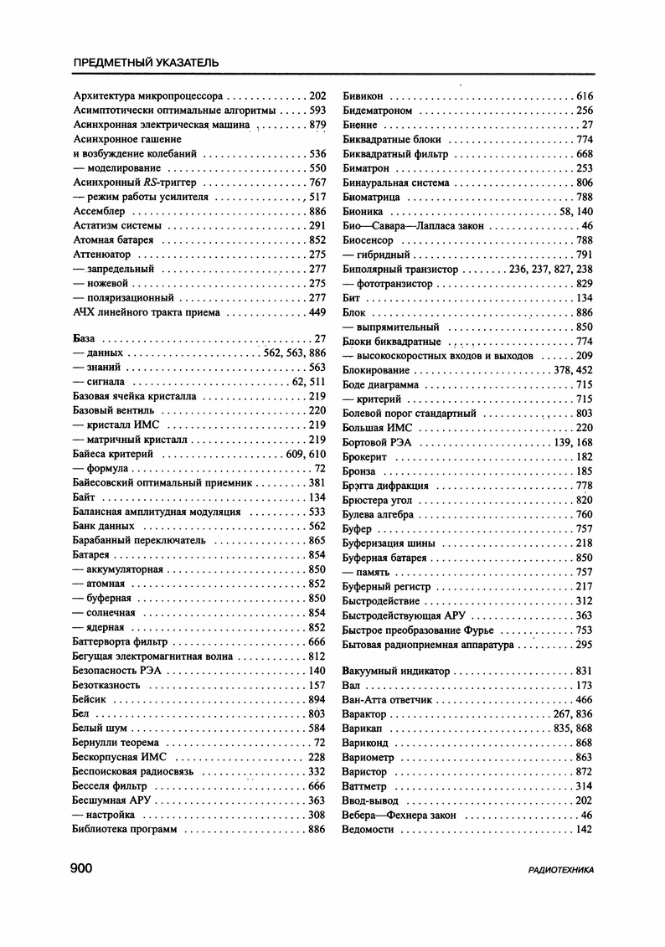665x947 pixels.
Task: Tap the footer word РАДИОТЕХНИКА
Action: click(560, 871)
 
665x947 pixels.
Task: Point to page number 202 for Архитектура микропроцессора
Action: click(317, 96)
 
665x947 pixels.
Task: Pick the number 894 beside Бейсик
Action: click(317, 699)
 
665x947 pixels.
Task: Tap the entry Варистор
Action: click(365, 772)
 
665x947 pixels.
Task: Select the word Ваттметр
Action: click(365, 786)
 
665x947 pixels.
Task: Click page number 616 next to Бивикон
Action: click(584, 96)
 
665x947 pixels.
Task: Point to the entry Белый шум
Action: click(101, 728)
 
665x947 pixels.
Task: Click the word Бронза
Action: click(361, 471)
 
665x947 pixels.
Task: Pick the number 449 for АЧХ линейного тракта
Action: click(317, 312)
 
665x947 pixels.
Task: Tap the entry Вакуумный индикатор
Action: click(396, 671)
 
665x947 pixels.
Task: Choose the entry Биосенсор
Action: click(369, 240)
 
